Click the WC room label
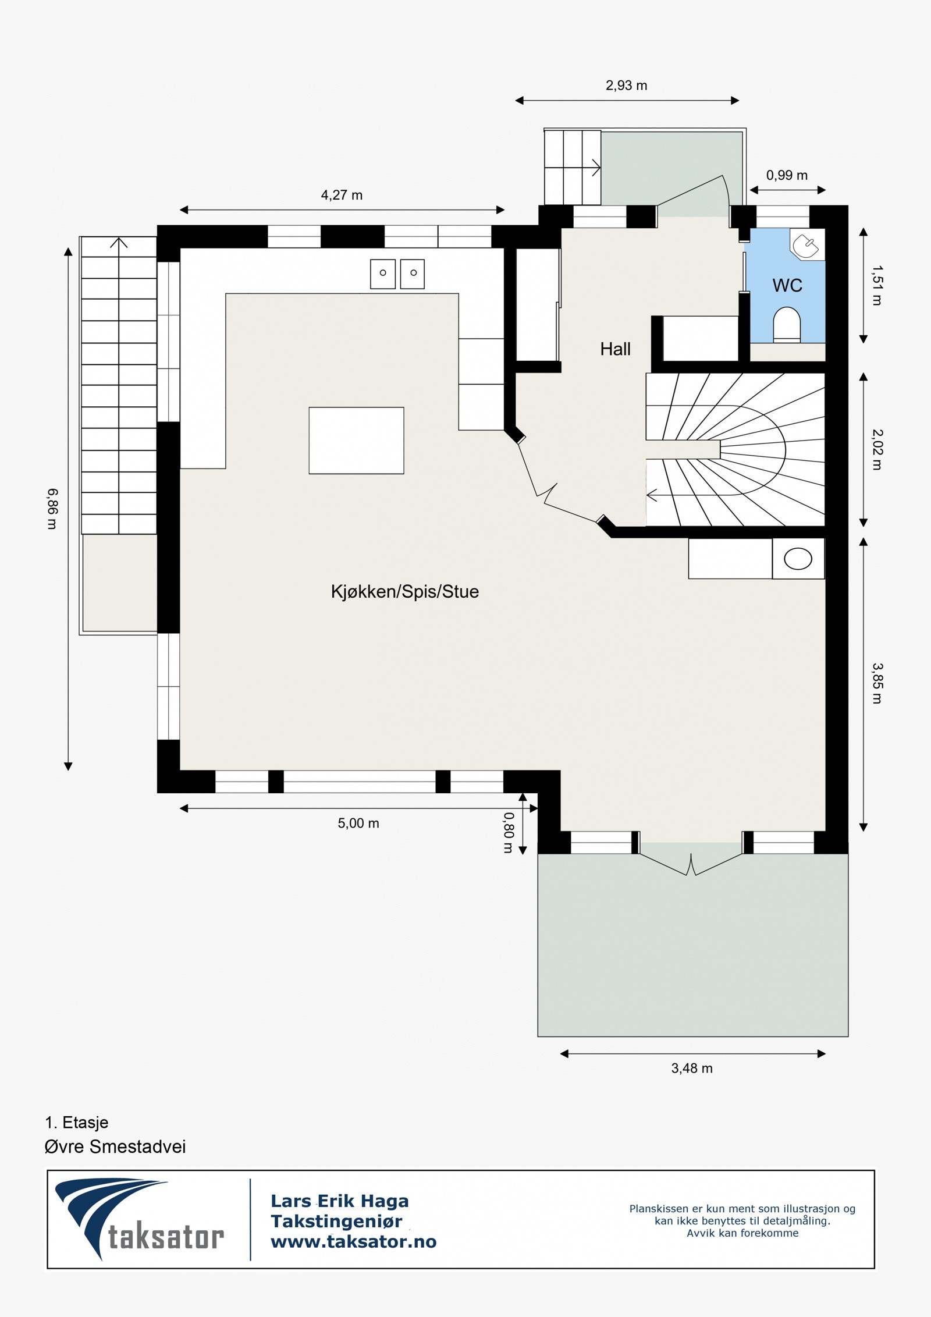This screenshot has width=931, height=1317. (787, 285)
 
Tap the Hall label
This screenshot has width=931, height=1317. (615, 349)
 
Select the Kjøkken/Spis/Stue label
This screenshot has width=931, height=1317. (404, 592)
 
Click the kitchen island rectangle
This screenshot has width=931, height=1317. (356, 441)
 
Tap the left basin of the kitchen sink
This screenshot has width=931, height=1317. (383, 274)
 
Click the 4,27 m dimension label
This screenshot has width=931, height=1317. (342, 196)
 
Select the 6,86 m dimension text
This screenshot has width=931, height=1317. (52, 509)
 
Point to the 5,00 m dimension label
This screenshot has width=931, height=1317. (358, 823)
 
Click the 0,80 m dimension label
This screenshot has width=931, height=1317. (508, 833)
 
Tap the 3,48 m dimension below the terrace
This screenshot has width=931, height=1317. (691, 1068)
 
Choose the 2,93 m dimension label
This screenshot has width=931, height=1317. (626, 86)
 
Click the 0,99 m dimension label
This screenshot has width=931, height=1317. (786, 175)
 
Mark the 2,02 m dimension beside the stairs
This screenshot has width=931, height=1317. (877, 449)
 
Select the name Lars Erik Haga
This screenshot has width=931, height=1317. (339, 1201)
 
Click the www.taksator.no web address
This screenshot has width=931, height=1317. (353, 1242)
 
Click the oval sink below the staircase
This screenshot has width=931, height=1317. (798, 559)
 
